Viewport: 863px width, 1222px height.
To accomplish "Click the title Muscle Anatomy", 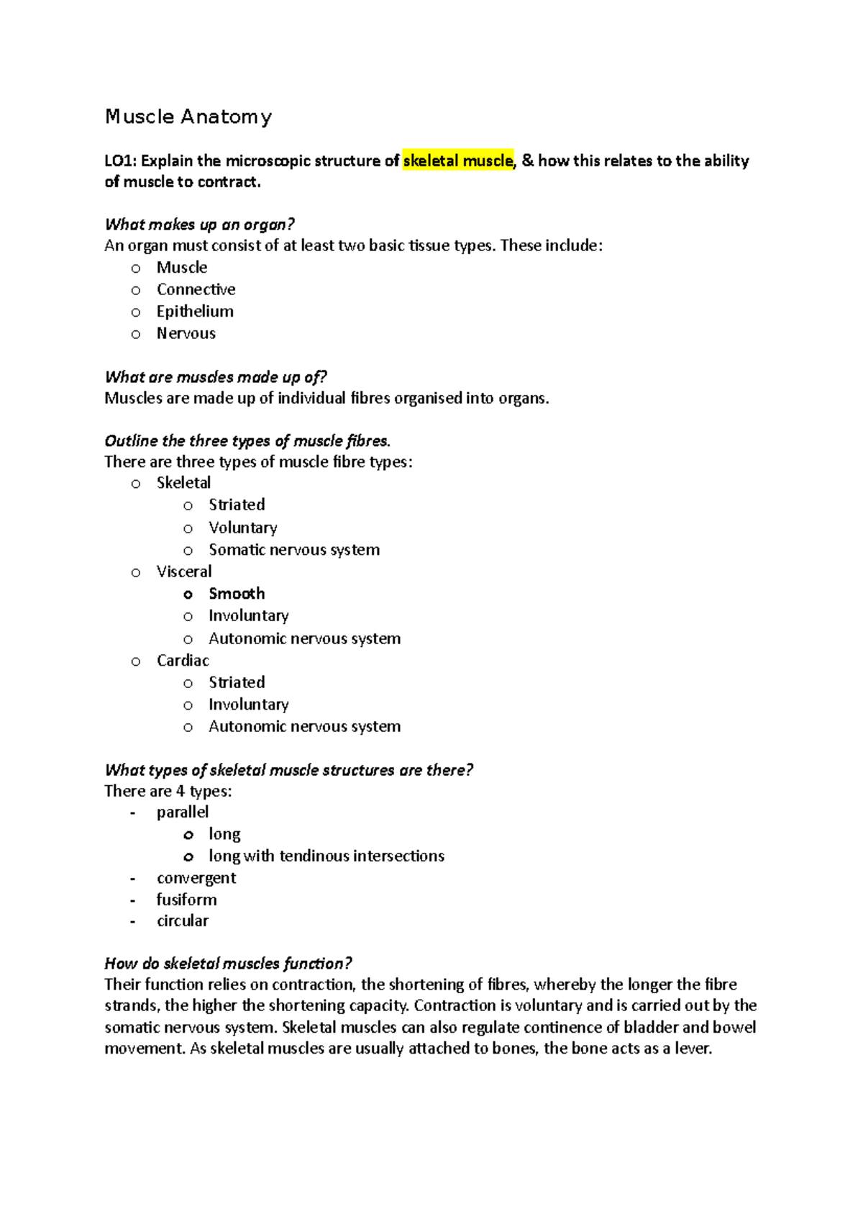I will tap(188, 117).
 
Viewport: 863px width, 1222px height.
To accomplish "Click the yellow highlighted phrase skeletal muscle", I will tap(458, 160).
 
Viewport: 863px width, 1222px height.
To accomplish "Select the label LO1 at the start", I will tap(119, 160).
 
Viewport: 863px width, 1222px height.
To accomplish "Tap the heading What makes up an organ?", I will tap(199, 225).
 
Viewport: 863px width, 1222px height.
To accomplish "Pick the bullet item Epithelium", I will tap(195, 312).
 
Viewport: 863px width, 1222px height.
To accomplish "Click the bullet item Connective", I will tap(196, 289).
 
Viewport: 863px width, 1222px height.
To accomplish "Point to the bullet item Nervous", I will tap(186, 333).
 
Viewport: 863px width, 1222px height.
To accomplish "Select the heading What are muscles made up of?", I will tap(215, 377).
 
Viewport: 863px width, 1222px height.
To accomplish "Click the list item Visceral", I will tap(184, 571).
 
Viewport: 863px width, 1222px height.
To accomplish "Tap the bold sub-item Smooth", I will tap(237, 594).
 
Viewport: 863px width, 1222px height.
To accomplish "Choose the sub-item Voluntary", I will tap(242, 528).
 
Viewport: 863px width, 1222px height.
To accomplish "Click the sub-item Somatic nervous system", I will tap(293, 550).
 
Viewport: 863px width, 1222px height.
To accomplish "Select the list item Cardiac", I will tap(183, 661).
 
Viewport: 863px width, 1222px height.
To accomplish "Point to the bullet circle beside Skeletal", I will tap(136, 484).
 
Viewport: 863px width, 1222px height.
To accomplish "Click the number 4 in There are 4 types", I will tap(180, 791).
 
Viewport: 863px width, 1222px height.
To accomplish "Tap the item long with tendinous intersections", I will tap(326, 856).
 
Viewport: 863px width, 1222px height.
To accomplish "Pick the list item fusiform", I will tap(186, 900).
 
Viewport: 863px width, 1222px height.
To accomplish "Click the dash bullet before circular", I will tap(133, 921).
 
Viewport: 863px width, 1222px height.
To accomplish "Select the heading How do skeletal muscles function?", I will tap(228, 964).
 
